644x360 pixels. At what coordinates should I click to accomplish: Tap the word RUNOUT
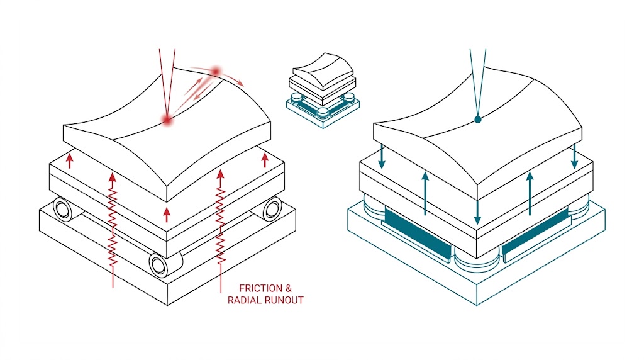284,300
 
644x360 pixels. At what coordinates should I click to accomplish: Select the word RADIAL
245,300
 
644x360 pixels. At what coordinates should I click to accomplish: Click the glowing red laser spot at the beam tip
167,119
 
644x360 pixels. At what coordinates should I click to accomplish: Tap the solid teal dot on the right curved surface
477,119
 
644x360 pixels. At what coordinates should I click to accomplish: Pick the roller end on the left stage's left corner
63,208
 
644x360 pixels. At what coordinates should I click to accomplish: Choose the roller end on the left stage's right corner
272,208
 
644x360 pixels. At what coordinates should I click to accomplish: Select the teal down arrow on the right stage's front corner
477,201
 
